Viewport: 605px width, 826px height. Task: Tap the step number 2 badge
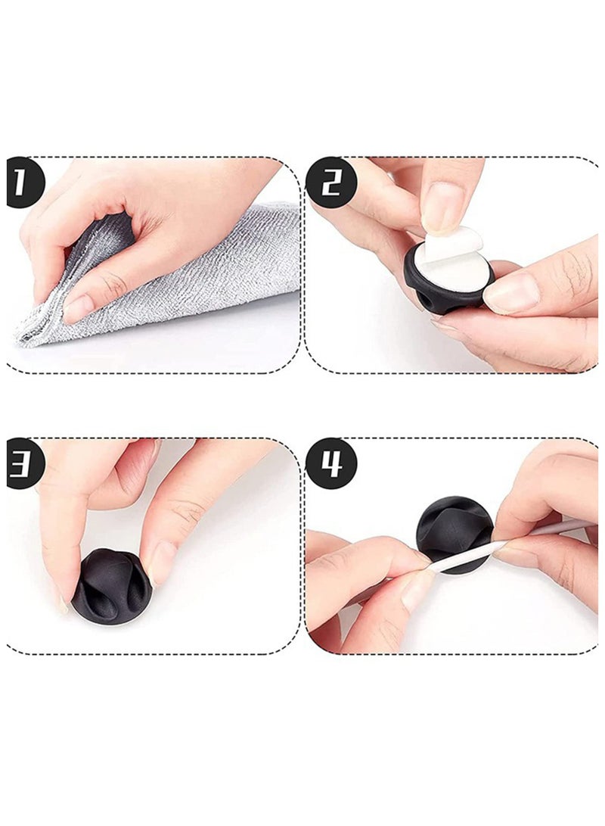pyautogui.click(x=331, y=182)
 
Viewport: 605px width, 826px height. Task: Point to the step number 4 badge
pyautogui.click(x=331, y=464)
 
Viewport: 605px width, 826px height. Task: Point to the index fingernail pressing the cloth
pyautogui.click(x=77, y=309)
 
